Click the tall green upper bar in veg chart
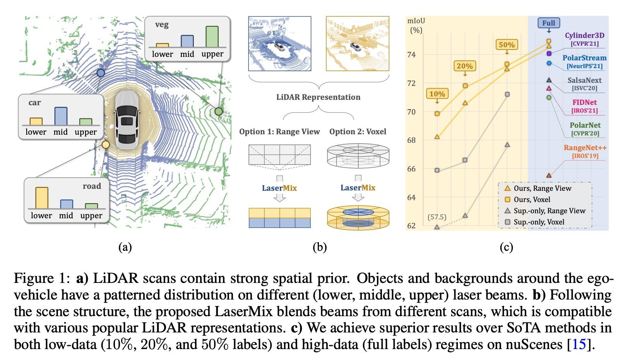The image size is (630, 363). (212, 36)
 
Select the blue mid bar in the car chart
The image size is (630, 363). (61, 116)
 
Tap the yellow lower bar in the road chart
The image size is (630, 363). (42, 198)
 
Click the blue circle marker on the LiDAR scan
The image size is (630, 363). (101, 73)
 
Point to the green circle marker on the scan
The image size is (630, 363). (219, 111)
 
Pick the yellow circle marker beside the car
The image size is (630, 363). (106, 144)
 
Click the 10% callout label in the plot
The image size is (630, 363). (437, 94)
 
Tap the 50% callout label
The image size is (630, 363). (507, 45)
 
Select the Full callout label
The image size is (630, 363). (549, 23)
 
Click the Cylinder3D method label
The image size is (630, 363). (585, 35)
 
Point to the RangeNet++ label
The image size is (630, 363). (585, 147)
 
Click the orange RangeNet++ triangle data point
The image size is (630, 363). (549, 175)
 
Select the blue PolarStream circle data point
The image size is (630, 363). (549, 63)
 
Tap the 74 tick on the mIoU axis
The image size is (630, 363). (411, 55)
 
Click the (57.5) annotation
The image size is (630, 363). (437, 217)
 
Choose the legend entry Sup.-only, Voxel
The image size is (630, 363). (535, 222)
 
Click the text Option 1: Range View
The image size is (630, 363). (279, 132)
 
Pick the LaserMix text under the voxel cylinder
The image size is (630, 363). (358, 188)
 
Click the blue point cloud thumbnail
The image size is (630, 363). (279, 44)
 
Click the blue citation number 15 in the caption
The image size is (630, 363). (579, 344)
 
